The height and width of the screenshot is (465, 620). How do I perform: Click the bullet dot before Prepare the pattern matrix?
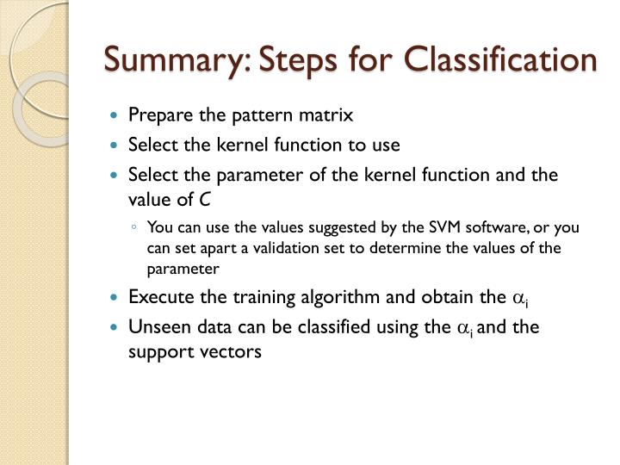tap(116, 115)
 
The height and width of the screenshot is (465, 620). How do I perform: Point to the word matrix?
tap(328, 115)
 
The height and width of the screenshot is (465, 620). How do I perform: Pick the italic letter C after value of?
tap(205, 200)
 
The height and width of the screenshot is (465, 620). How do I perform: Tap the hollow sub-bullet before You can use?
tap(135, 228)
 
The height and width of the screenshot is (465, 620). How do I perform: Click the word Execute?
tap(158, 297)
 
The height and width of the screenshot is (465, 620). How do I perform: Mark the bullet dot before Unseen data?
tap(116, 327)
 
